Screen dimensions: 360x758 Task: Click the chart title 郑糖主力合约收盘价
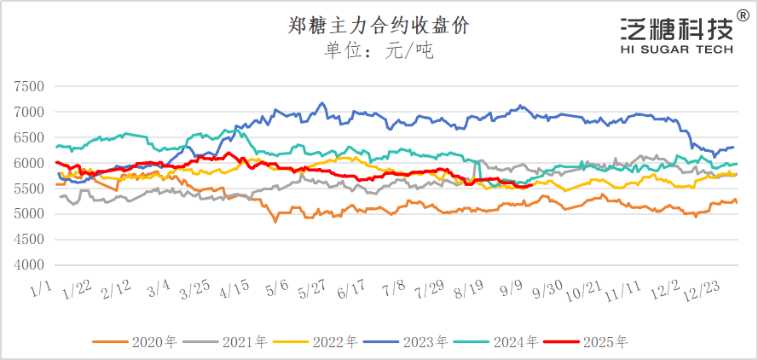tap(379, 26)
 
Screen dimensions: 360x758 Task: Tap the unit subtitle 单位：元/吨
tap(379, 51)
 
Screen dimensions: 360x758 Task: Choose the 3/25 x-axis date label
tap(199, 293)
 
